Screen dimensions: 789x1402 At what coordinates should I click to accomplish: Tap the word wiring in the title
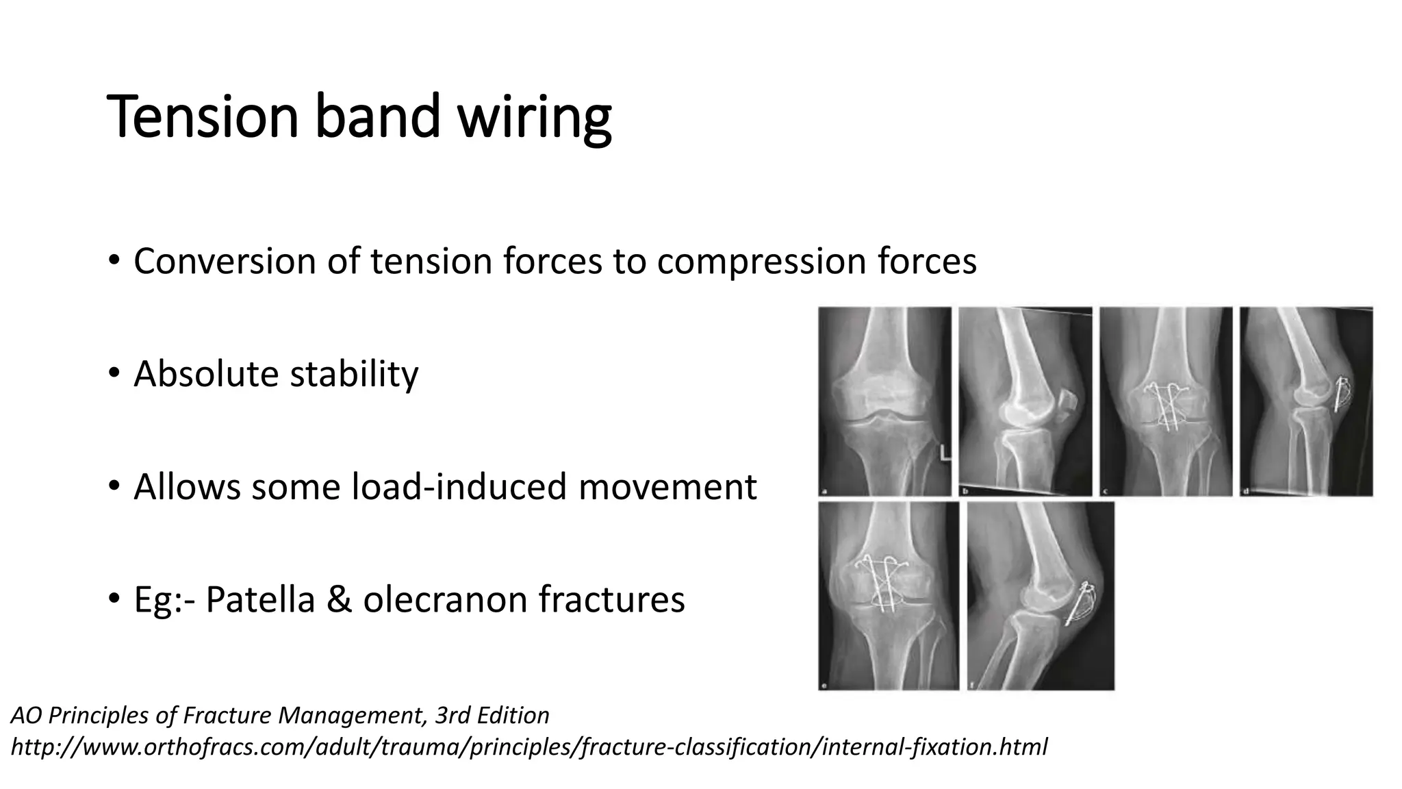pos(534,118)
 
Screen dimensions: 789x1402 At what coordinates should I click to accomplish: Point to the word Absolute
pos(207,374)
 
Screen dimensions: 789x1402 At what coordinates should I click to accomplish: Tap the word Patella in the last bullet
pos(260,599)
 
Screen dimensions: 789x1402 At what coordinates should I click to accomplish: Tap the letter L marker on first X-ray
pos(944,453)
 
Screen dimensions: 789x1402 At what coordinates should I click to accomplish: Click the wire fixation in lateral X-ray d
pos(1342,394)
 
